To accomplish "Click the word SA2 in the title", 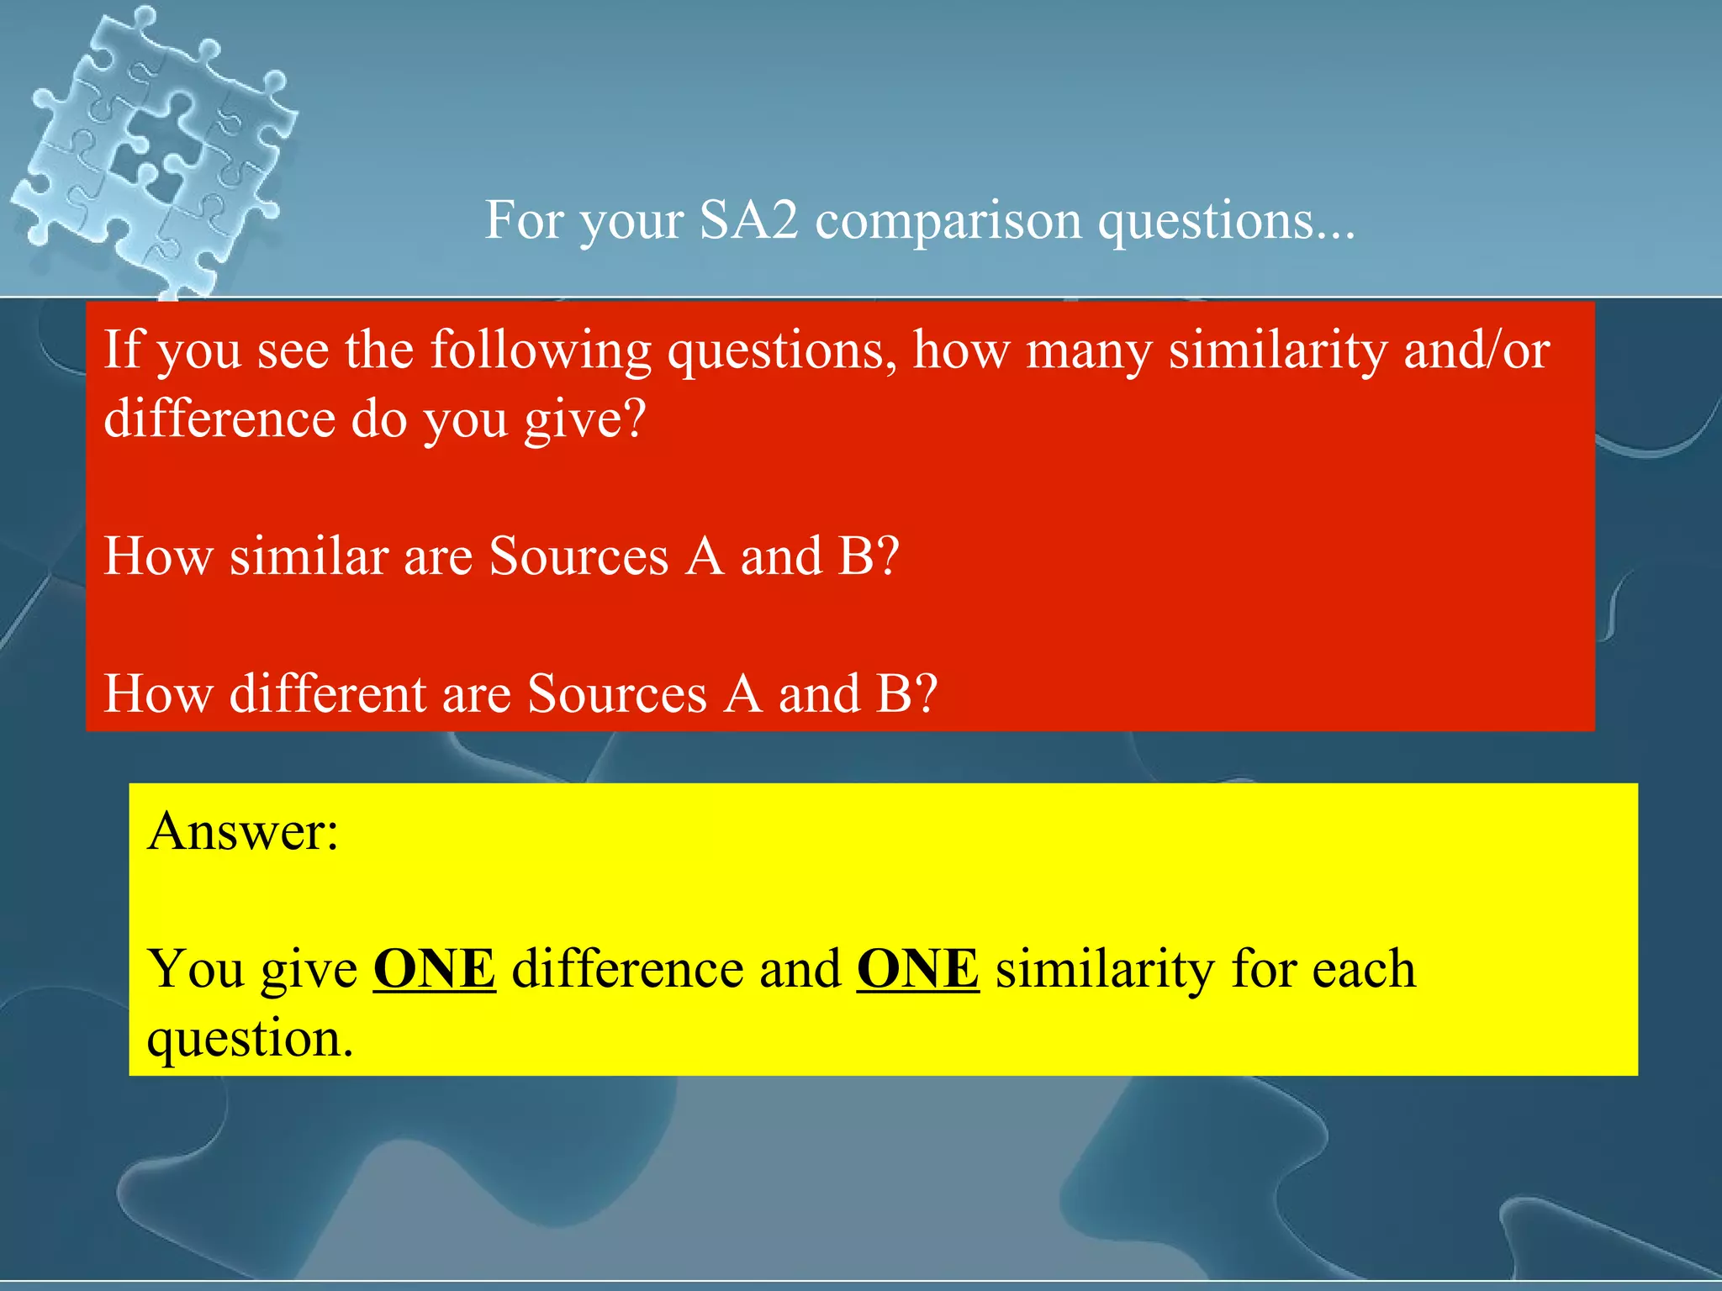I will coord(748,220).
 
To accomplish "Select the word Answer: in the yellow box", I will coord(242,831).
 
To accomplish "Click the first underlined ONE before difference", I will coord(434,969).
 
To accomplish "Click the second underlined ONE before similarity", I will coord(917,969).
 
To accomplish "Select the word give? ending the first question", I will coord(585,419).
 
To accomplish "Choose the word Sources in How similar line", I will coord(579,556).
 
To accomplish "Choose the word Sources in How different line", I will coord(617,694).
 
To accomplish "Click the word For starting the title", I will coord(524,220).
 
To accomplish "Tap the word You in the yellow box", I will coord(195,969).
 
